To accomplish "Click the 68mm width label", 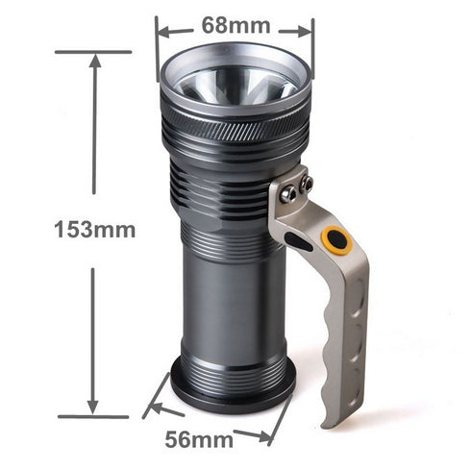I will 235,26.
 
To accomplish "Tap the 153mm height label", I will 94,231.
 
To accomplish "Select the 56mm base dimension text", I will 199,441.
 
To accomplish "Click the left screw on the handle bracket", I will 287,194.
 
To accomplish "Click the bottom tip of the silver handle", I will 331,420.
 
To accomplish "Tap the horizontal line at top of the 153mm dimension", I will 93,52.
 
